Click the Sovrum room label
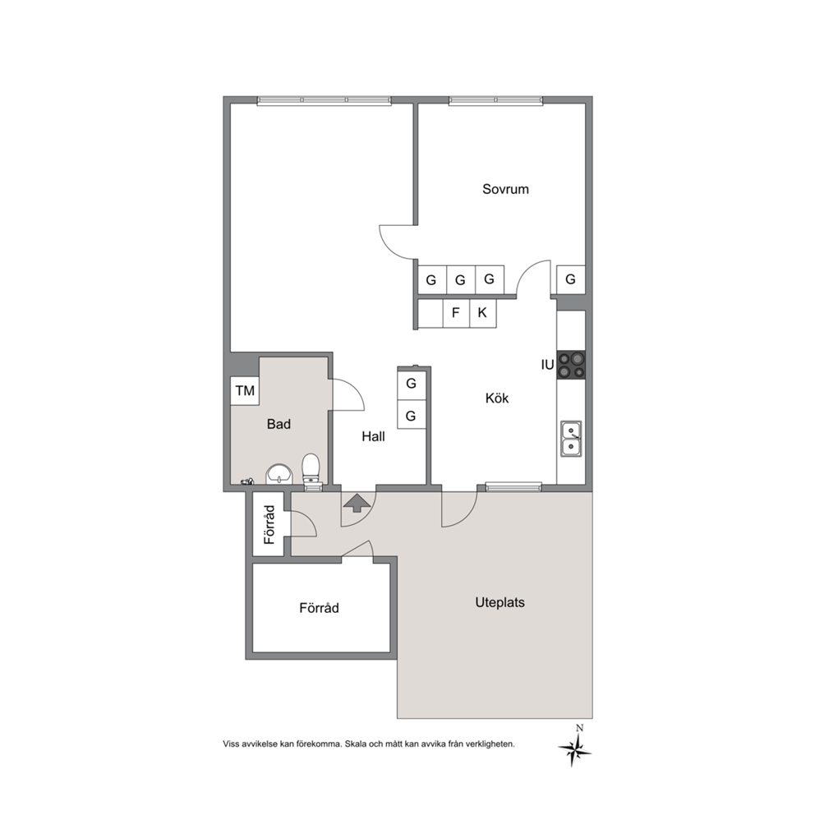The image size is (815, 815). tap(505, 189)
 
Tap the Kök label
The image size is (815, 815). tap(497, 398)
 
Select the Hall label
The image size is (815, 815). tap(373, 436)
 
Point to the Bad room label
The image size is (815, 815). tap(279, 424)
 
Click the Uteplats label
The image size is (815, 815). tap(500, 603)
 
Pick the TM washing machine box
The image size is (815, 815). tap(245, 391)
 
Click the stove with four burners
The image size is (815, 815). tap(571, 364)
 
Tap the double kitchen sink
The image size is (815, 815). tap(571, 439)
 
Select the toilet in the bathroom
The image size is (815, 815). tap(311, 472)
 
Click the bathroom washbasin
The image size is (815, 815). tap(279, 474)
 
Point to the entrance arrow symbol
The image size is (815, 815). tap(357, 503)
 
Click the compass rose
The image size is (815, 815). tap(575, 749)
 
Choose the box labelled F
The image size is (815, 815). tap(456, 313)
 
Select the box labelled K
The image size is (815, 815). tap(483, 313)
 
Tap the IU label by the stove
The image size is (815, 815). tap(547, 366)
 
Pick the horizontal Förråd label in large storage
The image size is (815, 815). tap(319, 608)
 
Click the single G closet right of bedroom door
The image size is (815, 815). tap(571, 279)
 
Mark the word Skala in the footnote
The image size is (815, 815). tap(355, 744)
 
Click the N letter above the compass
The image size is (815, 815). tap(579, 728)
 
